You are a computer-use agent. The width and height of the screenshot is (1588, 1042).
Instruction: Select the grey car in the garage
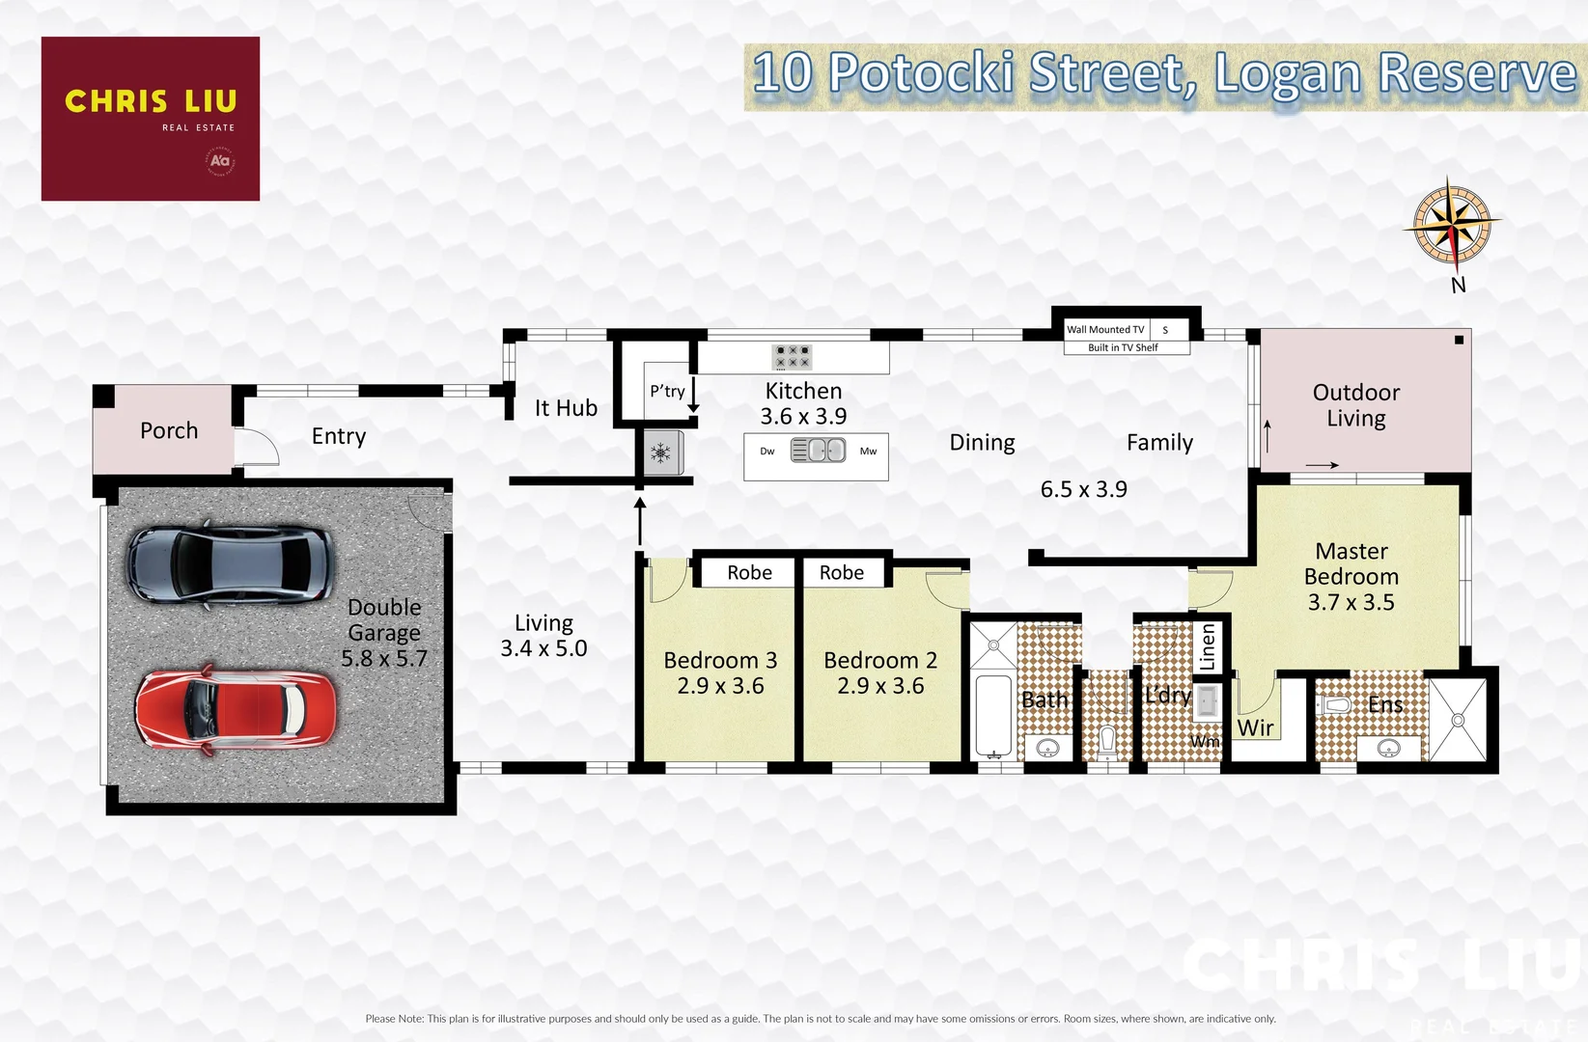(230, 563)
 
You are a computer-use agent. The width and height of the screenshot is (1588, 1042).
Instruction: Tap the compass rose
(1452, 224)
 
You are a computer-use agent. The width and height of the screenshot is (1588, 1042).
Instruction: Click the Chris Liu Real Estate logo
(151, 119)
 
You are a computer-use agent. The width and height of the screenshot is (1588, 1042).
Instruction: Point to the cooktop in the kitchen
(792, 357)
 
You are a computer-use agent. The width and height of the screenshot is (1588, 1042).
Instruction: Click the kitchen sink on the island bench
(818, 451)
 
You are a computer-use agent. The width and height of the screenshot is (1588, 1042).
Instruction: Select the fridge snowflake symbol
(661, 452)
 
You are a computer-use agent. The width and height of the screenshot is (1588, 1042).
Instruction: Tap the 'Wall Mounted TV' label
(1105, 330)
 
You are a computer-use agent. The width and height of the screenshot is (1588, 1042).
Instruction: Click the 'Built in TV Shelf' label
(1123, 347)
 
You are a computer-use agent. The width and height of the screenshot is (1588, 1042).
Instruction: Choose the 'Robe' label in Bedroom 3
(749, 573)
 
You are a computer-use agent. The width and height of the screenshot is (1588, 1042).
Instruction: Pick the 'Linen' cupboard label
(1208, 646)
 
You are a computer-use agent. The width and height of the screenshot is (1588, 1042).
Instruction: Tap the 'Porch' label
(169, 431)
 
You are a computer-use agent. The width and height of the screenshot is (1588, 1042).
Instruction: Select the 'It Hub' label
(566, 409)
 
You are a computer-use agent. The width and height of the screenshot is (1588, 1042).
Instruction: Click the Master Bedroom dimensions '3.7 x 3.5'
(1351, 603)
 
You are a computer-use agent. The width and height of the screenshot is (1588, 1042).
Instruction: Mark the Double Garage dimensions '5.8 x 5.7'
(384, 659)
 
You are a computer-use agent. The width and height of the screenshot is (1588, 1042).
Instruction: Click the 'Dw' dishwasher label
(767, 452)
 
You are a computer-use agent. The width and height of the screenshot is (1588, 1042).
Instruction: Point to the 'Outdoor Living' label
(1355, 405)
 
